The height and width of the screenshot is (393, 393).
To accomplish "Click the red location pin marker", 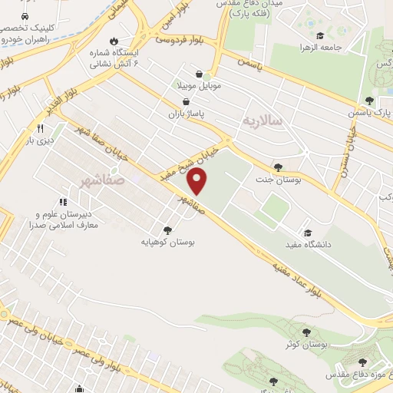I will point(199,181).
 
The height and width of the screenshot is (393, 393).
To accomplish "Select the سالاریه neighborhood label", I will point(263,121).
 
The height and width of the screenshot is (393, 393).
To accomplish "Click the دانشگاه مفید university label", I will point(329,245).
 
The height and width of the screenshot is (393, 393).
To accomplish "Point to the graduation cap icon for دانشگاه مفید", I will point(308,233).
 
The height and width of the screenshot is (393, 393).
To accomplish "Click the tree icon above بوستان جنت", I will point(277,167).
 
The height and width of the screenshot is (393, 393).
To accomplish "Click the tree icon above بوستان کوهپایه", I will point(168,230).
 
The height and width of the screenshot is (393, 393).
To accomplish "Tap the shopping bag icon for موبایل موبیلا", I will point(200,75).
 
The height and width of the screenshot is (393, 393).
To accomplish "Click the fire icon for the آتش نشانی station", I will point(114,40).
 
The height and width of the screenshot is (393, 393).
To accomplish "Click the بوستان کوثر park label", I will point(306,345).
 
